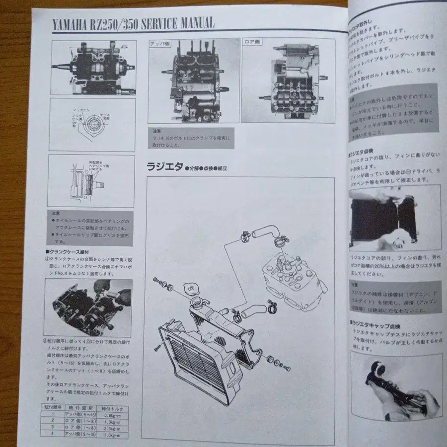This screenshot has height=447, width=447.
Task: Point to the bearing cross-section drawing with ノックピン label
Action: (91, 124)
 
